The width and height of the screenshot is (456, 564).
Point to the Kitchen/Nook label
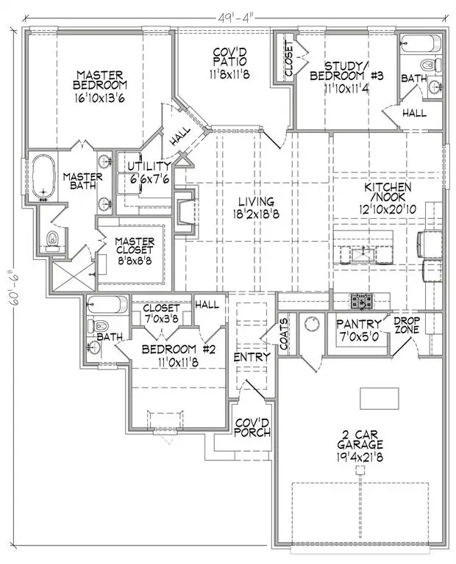click(387, 198)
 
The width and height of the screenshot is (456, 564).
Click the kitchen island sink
click(363, 255)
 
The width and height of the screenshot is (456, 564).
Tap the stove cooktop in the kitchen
click(363, 300)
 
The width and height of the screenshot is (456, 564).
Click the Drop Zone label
click(407, 325)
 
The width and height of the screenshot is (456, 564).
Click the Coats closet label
click(285, 336)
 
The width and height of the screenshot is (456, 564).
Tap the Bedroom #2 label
click(177, 355)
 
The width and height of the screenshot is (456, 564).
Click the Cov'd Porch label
click(252, 427)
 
